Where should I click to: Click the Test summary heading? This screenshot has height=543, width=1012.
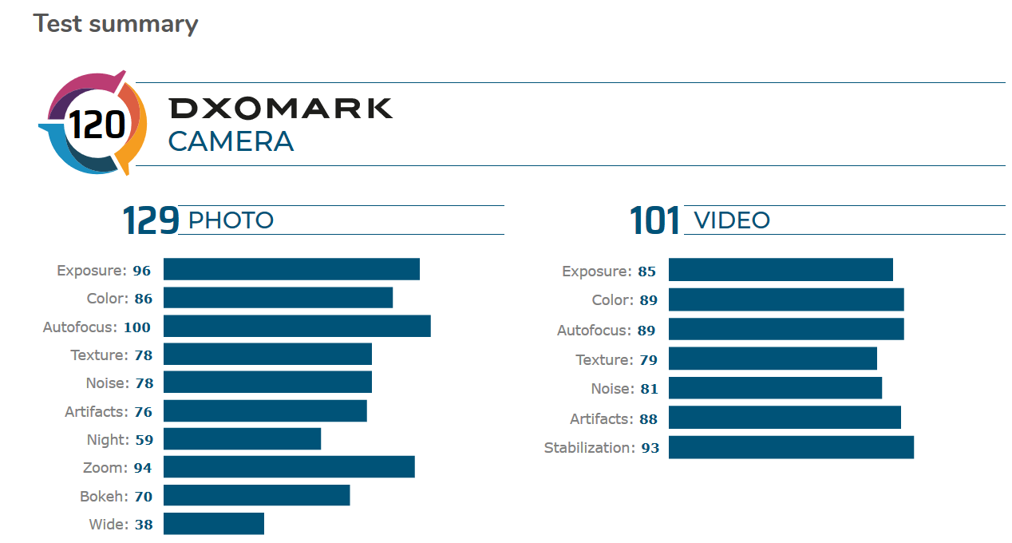click(x=115, y=24)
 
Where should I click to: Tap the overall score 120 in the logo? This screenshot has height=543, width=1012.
click(x=97, y=125)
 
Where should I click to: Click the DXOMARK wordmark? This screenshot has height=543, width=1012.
click(x=281, y=108)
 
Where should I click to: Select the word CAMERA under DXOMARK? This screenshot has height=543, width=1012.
click(x=231, y=142)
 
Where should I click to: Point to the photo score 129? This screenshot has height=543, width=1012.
click(x=150, y=220)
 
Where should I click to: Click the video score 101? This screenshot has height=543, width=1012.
click(x=655, y=220)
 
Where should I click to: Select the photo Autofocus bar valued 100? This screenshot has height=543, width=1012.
click(x=297, y=326)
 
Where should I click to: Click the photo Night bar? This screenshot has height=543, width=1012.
click(x=242, y=439)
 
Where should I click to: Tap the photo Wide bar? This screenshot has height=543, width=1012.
click(x=214, y=524)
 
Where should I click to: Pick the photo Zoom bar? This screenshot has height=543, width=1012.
click(x=289, y=467)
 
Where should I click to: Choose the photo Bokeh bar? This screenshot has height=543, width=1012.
click(x=256, y=496)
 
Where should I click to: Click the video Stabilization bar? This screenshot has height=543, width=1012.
click(x=791, y=447)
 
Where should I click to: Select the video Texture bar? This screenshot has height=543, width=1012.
click(x=773, y=359)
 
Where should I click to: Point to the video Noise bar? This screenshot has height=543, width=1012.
click(x=775, y=388)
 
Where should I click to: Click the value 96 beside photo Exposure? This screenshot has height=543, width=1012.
click(x=142, y=271)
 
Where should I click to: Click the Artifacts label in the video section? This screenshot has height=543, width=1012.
click(x=601, y=419)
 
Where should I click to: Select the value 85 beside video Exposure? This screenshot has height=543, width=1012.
click(x=646, y=271)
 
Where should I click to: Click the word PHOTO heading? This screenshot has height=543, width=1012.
click(x=231, y=220)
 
